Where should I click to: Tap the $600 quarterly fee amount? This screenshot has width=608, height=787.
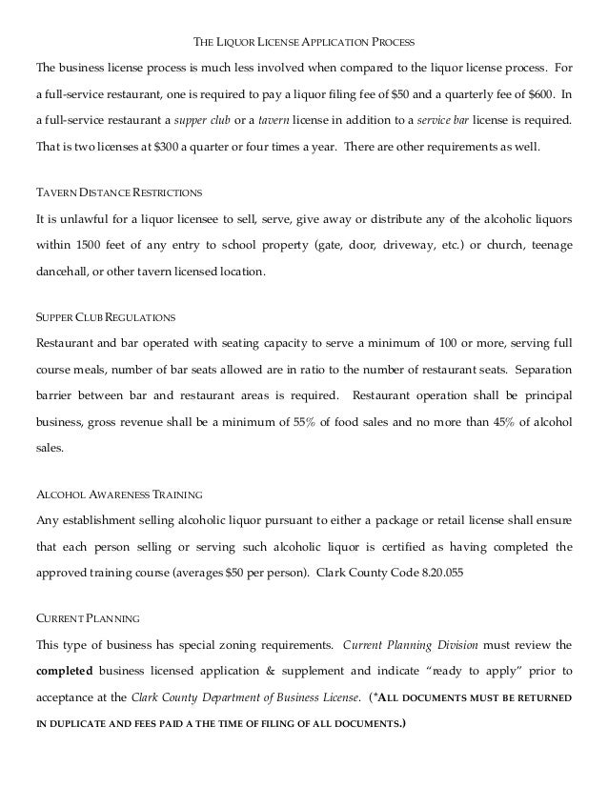pos(540,95)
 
